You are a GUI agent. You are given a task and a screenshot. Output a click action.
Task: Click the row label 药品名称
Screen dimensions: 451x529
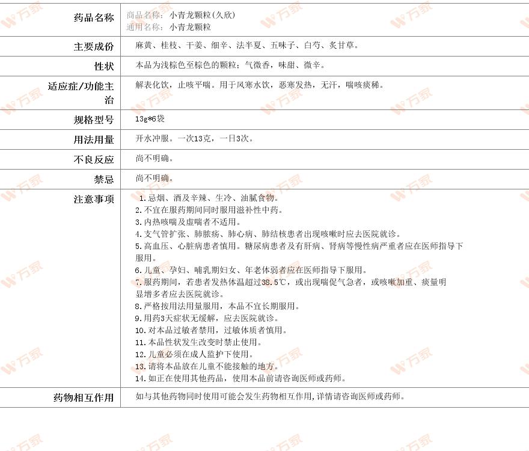tap(93, 18)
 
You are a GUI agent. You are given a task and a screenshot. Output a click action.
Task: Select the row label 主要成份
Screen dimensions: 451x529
tap(93, 47)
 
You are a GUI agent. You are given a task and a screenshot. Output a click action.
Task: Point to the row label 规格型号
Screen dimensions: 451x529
tap(93, 120)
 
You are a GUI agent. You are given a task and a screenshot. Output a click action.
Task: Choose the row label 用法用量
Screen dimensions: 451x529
tap(93, 140)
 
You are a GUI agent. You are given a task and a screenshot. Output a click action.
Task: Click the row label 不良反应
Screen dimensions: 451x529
tap(93, 160)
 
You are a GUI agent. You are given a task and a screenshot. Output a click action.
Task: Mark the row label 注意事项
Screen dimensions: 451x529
tap(93, 199)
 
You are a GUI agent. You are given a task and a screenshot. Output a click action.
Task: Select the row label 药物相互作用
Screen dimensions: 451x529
tap(84, 398)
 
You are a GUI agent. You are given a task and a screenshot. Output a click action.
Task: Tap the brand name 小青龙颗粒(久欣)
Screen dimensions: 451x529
tap(202, 15)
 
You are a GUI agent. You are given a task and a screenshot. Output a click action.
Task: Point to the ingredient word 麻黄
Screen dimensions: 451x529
tap(144, 45)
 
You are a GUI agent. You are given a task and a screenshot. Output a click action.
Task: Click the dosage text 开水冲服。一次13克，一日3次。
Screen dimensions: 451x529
tap(195, 138)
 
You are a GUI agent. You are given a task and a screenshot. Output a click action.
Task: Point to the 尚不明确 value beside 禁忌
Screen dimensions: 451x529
tap(154, 178)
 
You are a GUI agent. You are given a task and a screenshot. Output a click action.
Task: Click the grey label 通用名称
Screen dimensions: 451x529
tap(145, 27)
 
